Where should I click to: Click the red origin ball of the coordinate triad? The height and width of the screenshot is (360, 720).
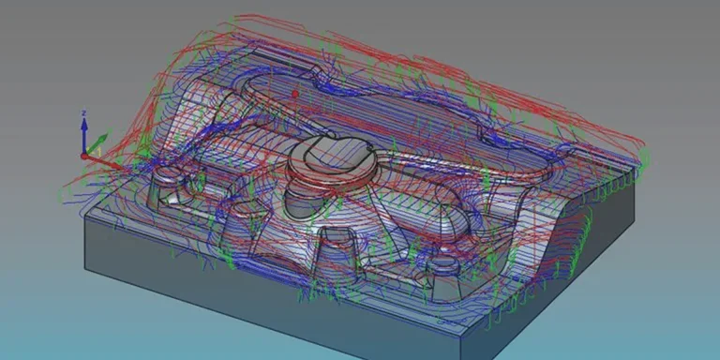coord(83,155)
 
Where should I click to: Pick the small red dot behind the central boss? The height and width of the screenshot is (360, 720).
coord(295,94)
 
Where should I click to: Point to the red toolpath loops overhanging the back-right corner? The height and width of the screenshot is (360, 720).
coord(581,103)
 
